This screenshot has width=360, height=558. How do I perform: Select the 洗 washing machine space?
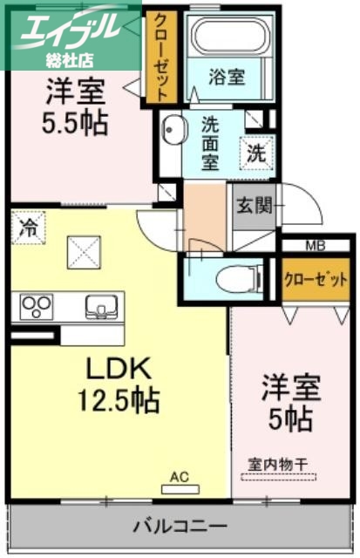click(255, 153)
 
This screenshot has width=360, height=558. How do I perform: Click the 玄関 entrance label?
click(254, 206)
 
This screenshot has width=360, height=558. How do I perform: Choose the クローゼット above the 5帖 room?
click(316, 280)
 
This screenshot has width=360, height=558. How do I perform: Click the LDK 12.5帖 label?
click(119, 384)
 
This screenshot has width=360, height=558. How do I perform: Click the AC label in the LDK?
click(180, 477)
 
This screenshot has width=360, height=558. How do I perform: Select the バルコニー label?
click(180, 527)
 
